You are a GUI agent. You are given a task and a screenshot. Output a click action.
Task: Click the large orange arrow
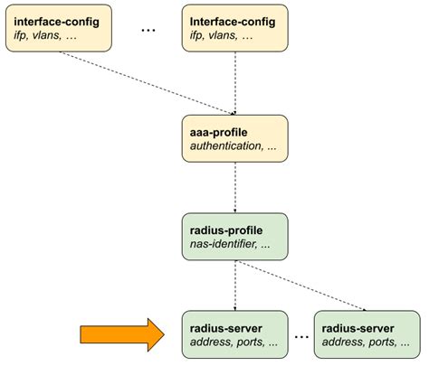click(x=118, y=335)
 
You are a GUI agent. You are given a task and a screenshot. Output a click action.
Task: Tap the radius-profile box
click(x=234, y=238)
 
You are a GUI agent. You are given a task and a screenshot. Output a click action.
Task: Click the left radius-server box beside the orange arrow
click(x=234, y=335)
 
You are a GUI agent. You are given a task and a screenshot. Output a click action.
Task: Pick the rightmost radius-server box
click(x=367, y=335)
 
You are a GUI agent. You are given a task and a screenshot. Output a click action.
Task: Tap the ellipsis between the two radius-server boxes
click(x=300, y=336)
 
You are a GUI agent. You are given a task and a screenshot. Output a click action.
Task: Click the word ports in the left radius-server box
click(x=248, y=343)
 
